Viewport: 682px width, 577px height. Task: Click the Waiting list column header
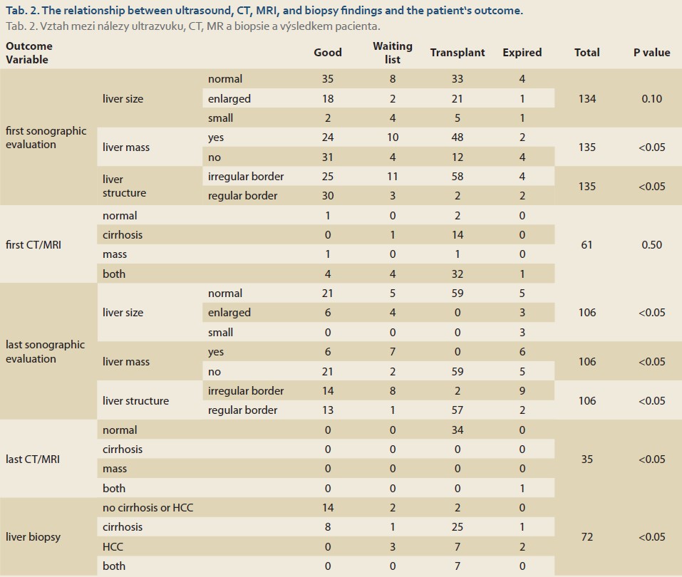click(x=393, y=53)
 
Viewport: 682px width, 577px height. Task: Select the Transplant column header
click(x=457, y=53)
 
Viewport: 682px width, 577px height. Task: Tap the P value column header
click(x=651, y=53)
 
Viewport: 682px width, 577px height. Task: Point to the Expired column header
click(x=522, y=53)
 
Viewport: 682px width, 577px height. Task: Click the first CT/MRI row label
click(x=33, y=245)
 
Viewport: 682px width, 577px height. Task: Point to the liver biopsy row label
click(x=33, y=537)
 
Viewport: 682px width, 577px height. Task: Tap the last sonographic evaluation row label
click(x=45, y=352)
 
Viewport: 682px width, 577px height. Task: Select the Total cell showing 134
click(x=587, y=99)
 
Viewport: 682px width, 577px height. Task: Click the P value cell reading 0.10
click(x=651, y=99)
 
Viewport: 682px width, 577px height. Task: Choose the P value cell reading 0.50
click(x=651, y=245)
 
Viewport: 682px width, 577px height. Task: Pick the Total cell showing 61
click(x=587, y=245)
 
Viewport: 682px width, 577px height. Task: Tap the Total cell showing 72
click(x=587, y=537)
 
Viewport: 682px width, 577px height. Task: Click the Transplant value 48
click(x=457, y=137)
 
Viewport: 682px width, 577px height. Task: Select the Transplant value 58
click(x=457, y=177)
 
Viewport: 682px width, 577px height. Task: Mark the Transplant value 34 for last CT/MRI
click(x=457, y=430)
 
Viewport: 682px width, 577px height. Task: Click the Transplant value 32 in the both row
click(x=457, y=274)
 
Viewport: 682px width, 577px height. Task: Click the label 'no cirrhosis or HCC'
click(x=148, y=507)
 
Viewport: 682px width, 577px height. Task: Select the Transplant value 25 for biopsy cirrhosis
click(x=457, y=527)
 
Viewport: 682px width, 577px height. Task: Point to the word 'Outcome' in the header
click(x=29, y=46)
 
